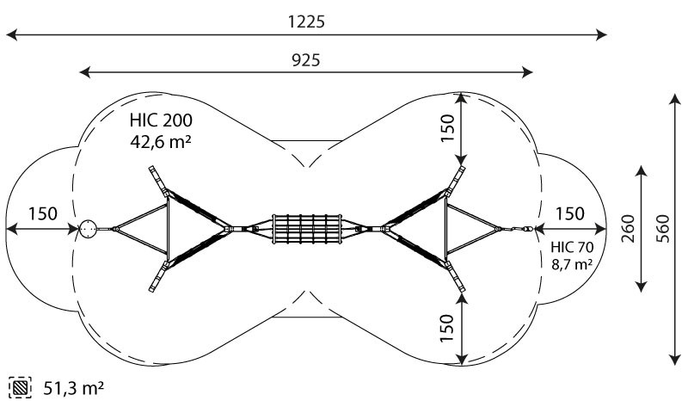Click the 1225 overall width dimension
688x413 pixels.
click(x=306, y=22)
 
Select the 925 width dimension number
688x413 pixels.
click(x=306, y=60)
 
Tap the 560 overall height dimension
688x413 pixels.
click(x=663, y=229)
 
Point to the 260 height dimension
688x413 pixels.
click(x=629, y=229)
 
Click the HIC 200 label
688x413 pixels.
click(x=161, y=120)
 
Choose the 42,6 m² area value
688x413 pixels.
click(x=161, y=141)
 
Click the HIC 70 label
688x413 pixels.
click(x=572, y=247)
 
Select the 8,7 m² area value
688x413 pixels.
click(x=572, y=264)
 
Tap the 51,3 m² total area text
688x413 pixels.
click(x=74, y=388)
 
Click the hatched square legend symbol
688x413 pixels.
click(x=20, y=387)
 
